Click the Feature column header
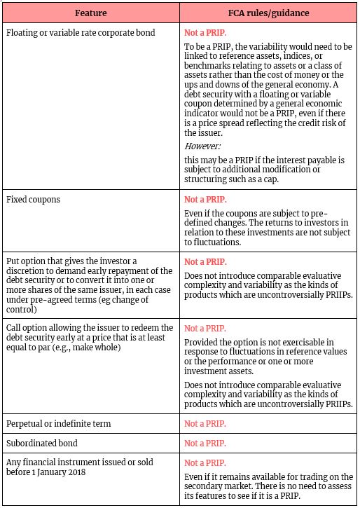[90, 13]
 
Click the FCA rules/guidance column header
[269, 13]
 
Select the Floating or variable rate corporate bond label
[81, 32]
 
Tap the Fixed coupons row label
[34, 200]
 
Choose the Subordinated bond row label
[41, 443]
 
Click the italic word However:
[201, 146]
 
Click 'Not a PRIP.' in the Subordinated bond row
[205, 444]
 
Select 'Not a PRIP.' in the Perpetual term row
[205, 424]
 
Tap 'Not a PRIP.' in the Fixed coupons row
[205, 200]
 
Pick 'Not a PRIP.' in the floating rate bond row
[205, 32]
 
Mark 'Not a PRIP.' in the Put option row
[205, 261]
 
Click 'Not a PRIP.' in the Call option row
[205, 328]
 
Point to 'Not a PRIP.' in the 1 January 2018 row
[205, 462]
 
